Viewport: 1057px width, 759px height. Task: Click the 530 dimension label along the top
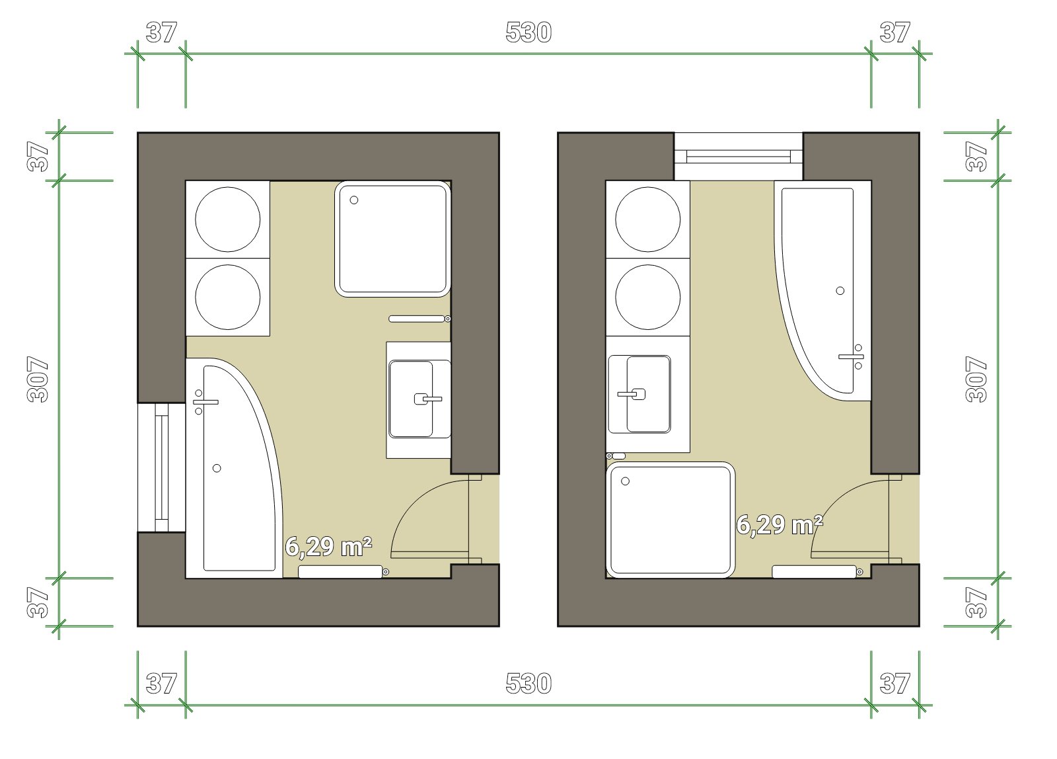coord(528,32)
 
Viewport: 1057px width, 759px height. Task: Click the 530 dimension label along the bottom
coord(528,684)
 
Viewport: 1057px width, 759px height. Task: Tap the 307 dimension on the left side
coord(38,379)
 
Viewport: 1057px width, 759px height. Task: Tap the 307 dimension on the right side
coord(976,379)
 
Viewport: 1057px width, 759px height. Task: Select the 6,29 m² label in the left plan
coord(328,547)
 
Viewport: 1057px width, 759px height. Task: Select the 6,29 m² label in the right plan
coord(780,525)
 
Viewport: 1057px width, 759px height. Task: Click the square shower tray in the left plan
coord(392,239)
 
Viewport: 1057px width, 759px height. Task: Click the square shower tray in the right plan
coord(671,520)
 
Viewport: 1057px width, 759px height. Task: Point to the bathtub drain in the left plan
coord(217,469)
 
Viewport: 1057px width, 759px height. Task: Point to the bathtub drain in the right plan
coord(840,291)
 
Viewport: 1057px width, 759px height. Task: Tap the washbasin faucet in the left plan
coord(427,399)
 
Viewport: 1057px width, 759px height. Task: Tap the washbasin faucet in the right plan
coord(632,394)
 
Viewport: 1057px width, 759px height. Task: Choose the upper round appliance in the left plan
coord(227,219)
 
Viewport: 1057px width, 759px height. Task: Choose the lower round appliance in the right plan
coord(648,297)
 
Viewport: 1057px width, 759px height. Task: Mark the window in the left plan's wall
coord(161,467)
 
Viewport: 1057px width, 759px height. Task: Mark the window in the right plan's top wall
coord(739,156)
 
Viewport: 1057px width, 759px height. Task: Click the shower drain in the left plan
coord(354,200)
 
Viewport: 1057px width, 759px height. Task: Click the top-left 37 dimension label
coord(161,32)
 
